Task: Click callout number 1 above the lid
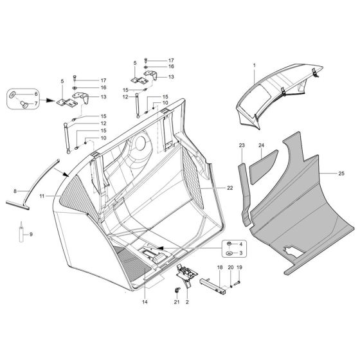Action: pos(254,67)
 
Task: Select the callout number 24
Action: pos(262,146)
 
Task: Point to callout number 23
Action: pos(242,147)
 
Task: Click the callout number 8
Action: pos(16,191)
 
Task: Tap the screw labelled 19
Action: pos(237,282)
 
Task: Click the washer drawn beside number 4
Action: pos(230,245)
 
